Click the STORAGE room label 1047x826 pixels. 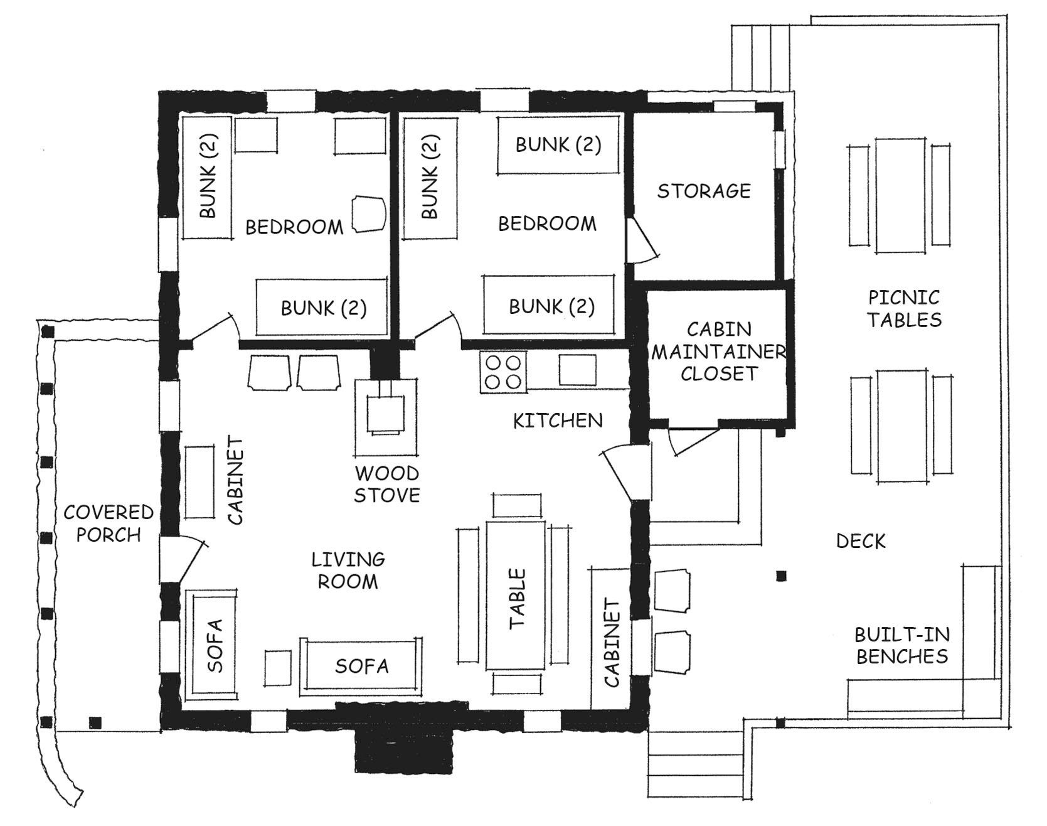pos(704,190)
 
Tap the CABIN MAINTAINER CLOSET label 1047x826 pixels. pos(718,351)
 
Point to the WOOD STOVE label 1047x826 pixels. pos(387,484)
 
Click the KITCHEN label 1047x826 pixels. pos(558,421)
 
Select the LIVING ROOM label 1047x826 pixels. pos(348,570)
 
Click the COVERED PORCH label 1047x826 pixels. pos(109,523)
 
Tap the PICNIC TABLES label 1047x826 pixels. pos(905,308)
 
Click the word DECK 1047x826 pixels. pos(861,540)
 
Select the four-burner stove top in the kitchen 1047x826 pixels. pos(504,372)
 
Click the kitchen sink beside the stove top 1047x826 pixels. pos(578,370)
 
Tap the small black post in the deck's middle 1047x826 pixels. pos(781,576)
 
